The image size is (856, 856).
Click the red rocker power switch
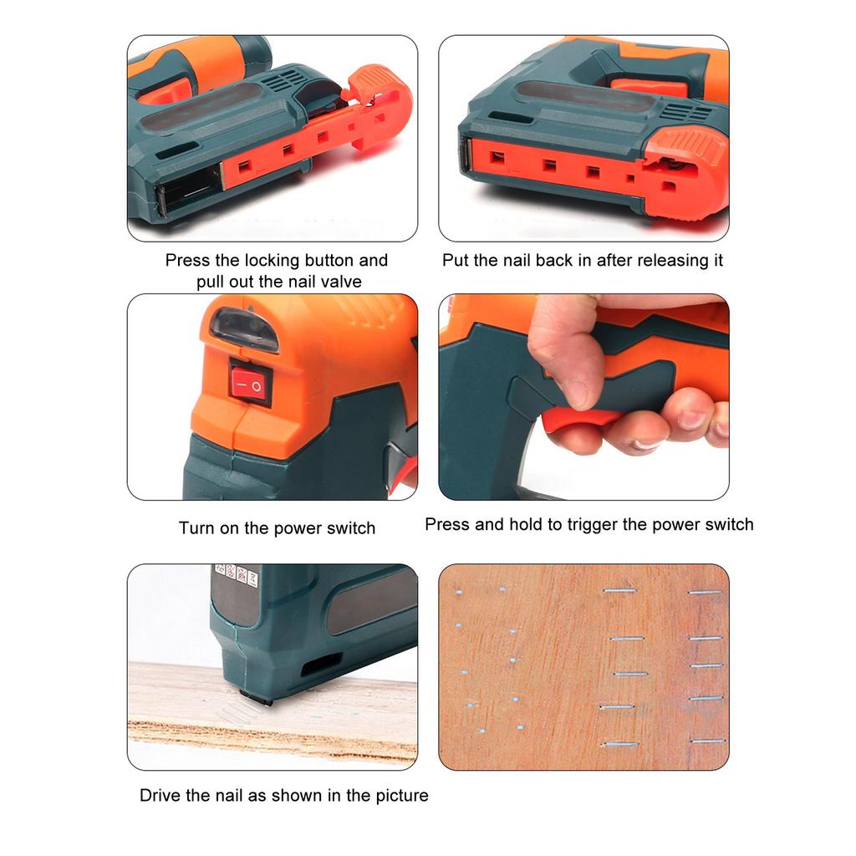click(251, 385)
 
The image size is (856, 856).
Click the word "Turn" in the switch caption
click(197, 528)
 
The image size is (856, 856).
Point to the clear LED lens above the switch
click(243, 329)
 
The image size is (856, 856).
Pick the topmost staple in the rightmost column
click(705, 593)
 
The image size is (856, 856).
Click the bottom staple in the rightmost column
click(706, 741)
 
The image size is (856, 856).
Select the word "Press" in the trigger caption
click(446, 525)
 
